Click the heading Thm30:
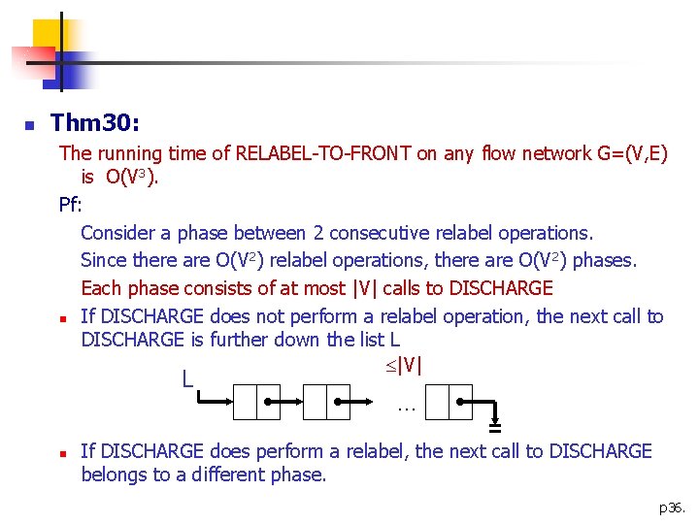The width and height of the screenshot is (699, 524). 94,123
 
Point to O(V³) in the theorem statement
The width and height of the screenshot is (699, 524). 132,178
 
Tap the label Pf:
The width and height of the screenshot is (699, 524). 71,205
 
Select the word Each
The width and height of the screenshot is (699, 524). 100,288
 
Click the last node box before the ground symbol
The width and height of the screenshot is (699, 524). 449,400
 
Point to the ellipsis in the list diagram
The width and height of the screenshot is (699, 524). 406,408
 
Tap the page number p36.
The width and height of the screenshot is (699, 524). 671,507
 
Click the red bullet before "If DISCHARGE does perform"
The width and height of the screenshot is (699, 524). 61,453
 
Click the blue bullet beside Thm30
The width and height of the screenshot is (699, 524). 30,125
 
